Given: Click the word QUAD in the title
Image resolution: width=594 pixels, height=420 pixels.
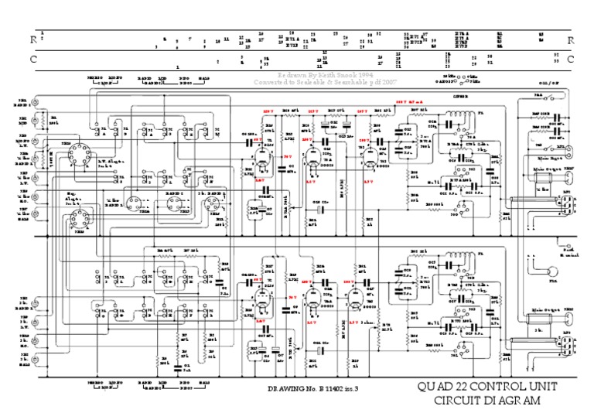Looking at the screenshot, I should [x=435, y=387].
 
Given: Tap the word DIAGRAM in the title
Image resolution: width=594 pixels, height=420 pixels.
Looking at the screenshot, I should [x=508, y=400].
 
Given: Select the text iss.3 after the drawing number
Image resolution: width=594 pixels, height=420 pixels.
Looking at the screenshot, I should [x=351, y=387].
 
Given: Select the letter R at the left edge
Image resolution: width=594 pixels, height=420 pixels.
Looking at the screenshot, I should [x=33, y=39].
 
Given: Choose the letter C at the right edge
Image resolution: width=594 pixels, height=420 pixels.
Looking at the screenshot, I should [x=570, y=59].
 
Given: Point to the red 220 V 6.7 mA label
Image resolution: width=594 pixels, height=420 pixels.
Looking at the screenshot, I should [x=411, y=101].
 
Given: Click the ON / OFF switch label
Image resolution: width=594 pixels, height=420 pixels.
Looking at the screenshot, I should [x=549, y=82].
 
